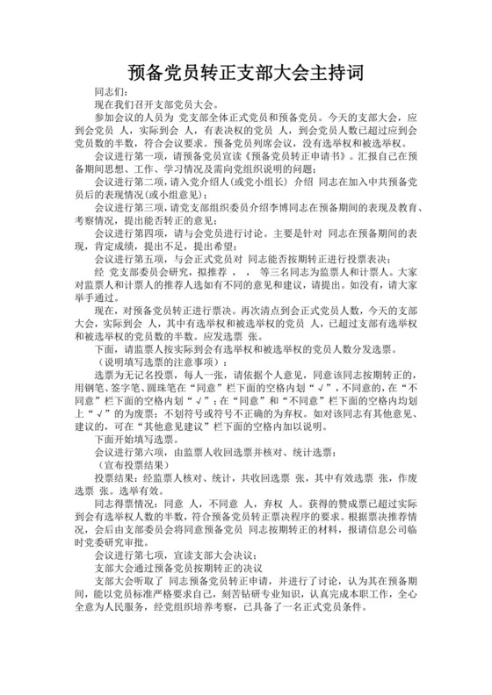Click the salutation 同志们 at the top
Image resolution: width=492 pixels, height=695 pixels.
[x=109, y=91]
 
